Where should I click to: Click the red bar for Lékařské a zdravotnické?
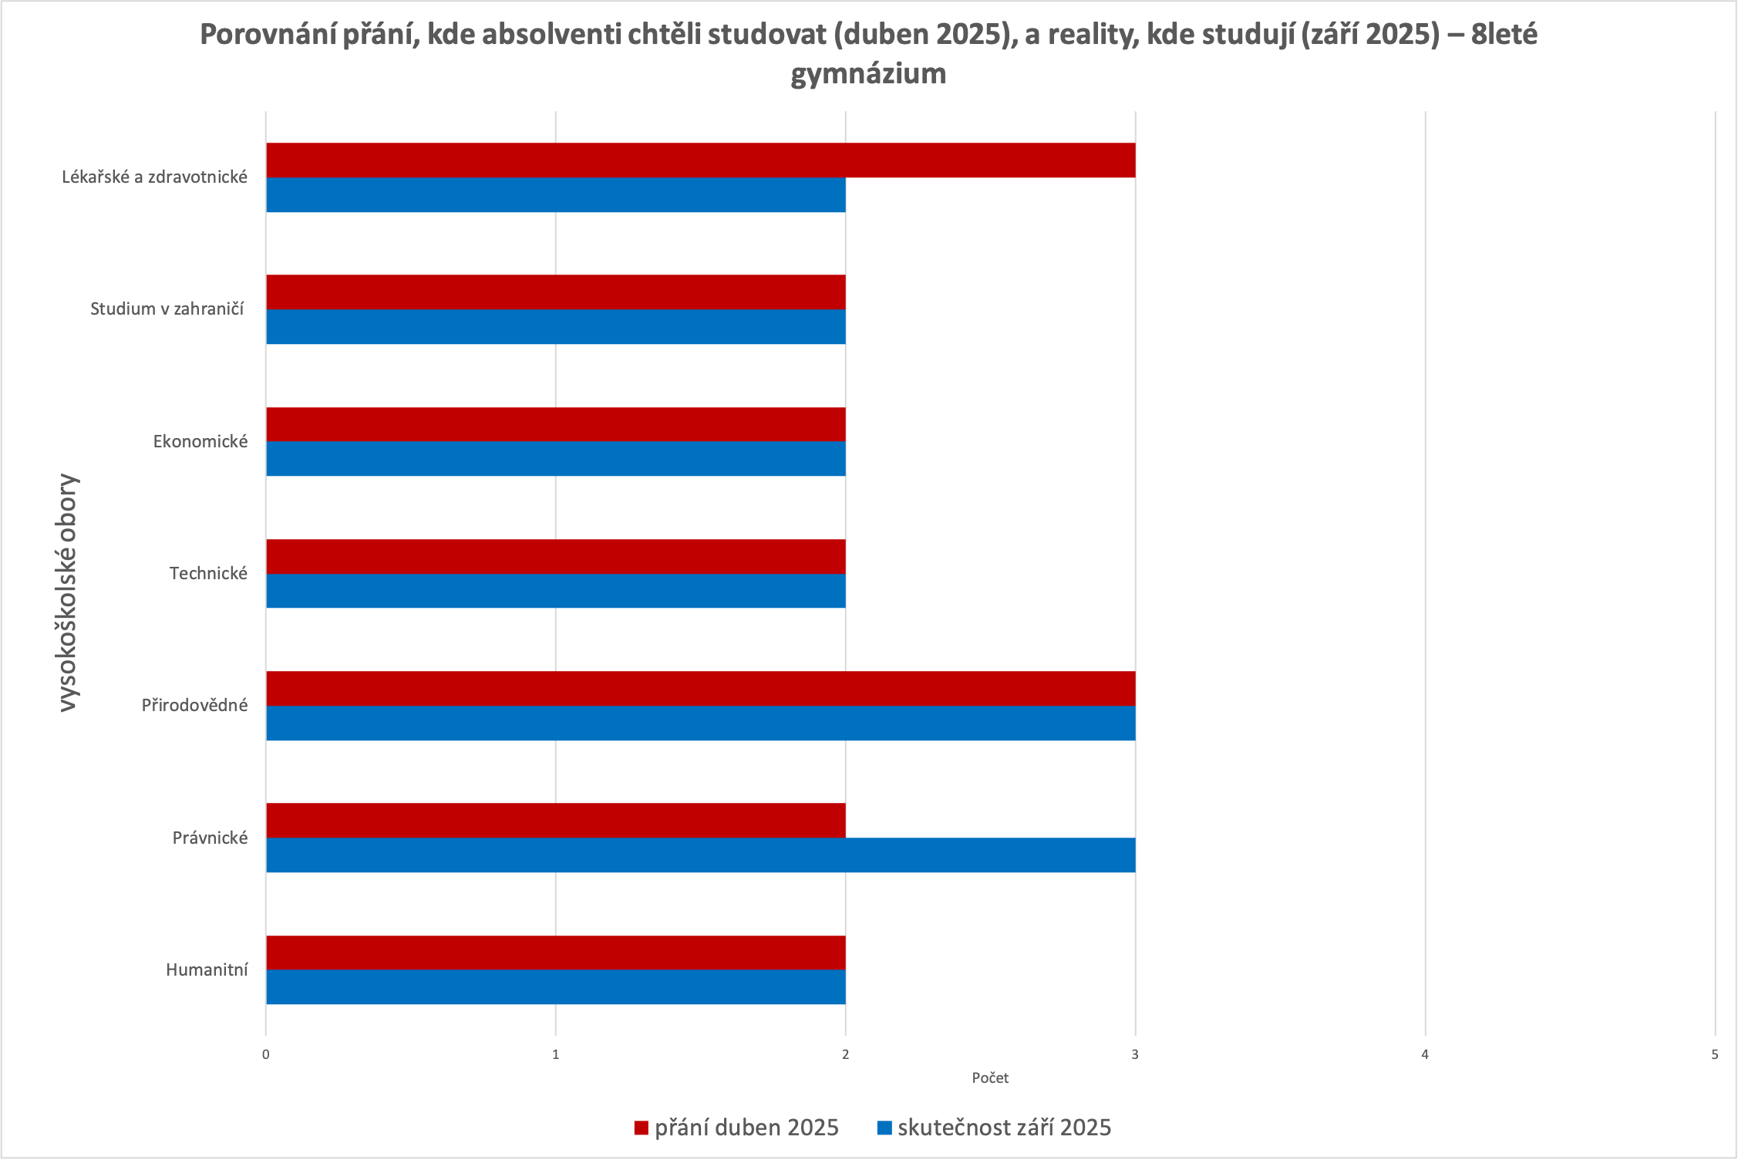coord(700,160)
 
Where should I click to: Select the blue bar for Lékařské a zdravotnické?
coord(555,195)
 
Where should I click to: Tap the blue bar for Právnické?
coord(700,855)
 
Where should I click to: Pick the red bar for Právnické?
coord(555,821)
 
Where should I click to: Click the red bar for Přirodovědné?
coord(700,689)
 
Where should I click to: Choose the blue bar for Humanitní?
coord(555,987)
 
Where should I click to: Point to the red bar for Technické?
coord(555,556)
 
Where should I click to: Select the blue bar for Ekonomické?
coord(555,459)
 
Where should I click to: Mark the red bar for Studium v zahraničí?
coord(555,292)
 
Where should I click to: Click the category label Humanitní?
coord(207,970)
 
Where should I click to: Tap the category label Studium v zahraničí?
coord(167,309)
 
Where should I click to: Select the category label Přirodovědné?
coord(194,706)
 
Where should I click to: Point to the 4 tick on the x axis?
coord(1425,1054)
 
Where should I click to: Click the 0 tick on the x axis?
coord(266,1054)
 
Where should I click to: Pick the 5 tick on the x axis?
coord(1715,1054)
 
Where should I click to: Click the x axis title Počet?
coord(990,1078)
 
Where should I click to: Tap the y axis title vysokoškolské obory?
coord(68,592)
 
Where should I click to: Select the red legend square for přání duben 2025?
coord(642,1128)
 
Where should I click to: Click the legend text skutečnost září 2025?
coord(1004,1128)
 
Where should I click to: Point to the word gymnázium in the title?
coord(868,74)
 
